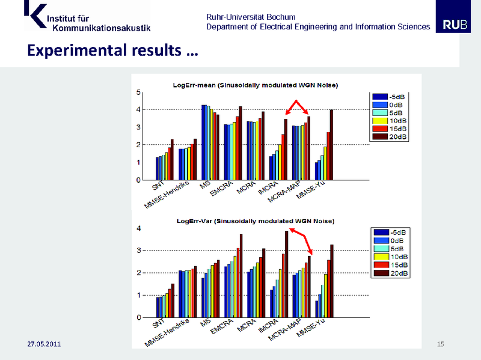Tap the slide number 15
441,344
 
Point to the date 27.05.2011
44,344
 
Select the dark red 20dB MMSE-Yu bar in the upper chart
331,145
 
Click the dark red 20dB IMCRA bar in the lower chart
286,274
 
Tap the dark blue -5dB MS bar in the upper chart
203,142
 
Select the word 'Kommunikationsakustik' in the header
102,27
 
